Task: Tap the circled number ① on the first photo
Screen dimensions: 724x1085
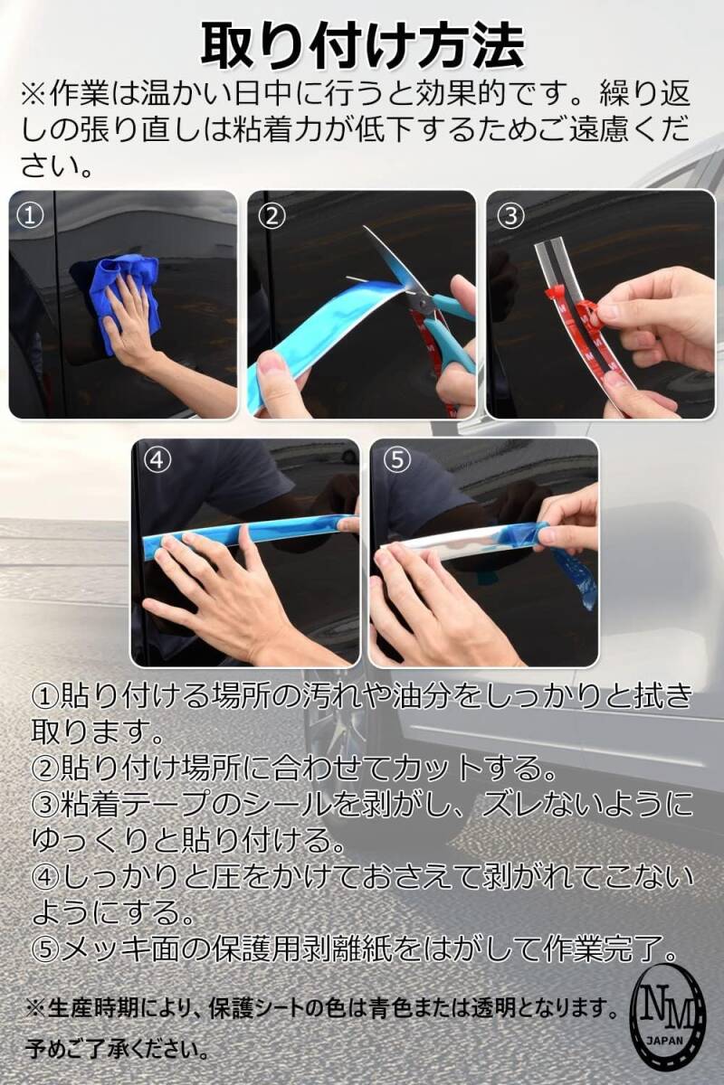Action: (x=30, y=216)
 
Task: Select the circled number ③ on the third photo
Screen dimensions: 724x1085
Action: (x=511, y=216)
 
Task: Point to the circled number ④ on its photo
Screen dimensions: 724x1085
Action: (x=157, y=460)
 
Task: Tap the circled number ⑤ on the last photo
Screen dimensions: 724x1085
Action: (x=396, y=460)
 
